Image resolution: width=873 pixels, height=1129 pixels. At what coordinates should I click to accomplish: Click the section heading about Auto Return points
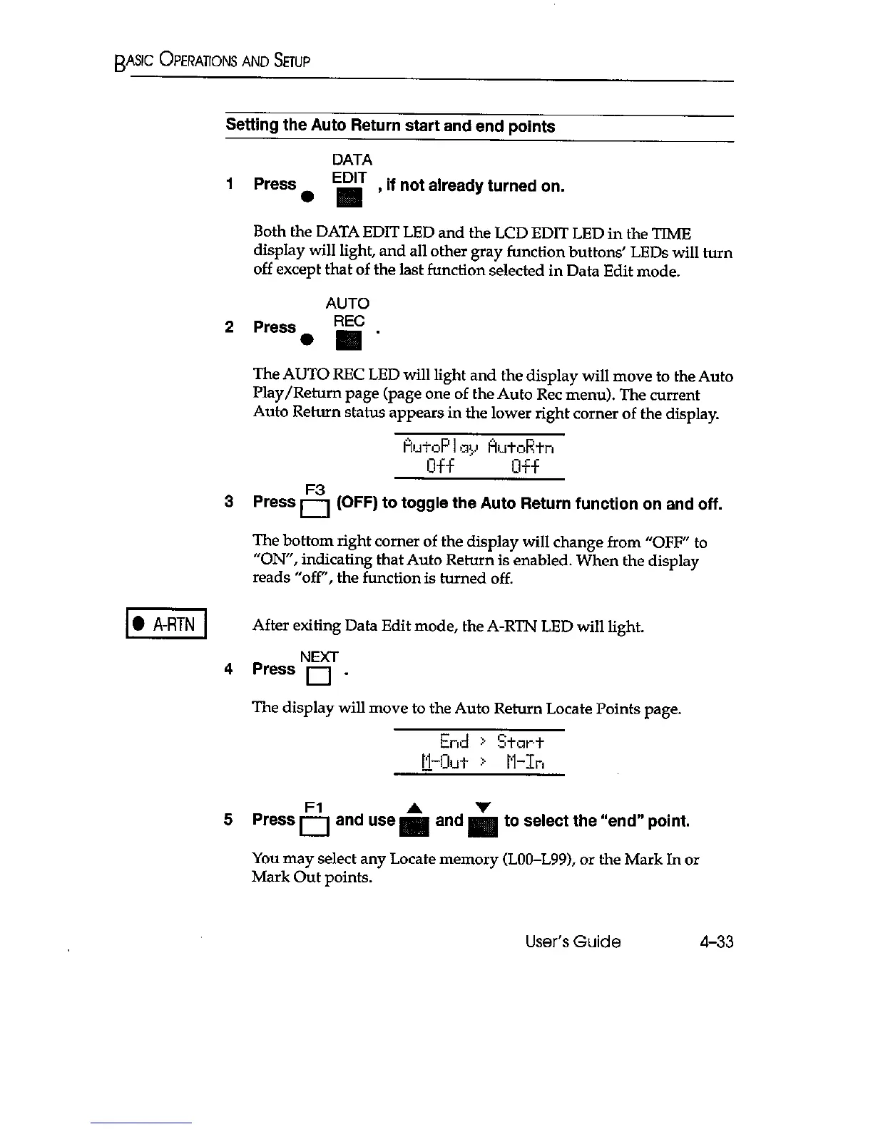pyautogui.click(x=390, y=126)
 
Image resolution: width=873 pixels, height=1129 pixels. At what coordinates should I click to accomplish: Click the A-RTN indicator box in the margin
pyautogui.click(x=165, y=627)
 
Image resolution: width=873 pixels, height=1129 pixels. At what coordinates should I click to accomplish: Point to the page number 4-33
pyautogui.click(x=715, y=942)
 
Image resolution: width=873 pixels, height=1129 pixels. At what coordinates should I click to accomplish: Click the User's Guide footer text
pyautogui.click(x=573, y=942)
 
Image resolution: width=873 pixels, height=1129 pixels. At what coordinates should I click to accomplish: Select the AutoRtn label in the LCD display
pyautogui.click(x=521, y=448)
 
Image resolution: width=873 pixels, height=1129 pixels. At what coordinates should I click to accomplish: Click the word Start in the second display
pyautogui.click(x=521, y=741)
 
